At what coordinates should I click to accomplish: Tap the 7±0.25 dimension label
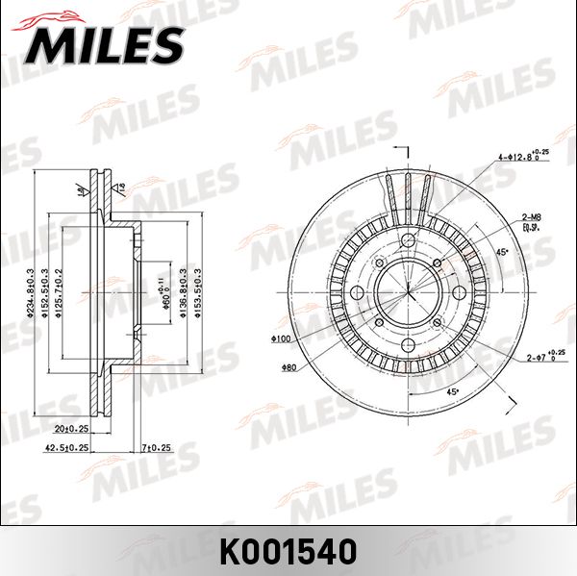click(x=155, y=447)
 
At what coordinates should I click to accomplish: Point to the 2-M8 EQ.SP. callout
click(x=530, y=222)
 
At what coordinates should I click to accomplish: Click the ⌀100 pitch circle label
click(x=281, y=339)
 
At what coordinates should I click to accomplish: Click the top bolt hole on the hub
click(x=407, y=240)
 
